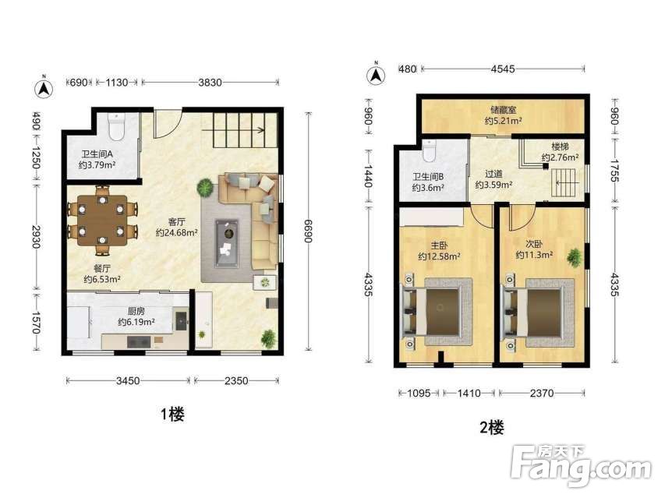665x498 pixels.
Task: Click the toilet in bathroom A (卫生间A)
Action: pyautogui.click(x=116, y=126)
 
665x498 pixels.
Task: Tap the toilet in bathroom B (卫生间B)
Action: pyautogui.click(x=430, y=152)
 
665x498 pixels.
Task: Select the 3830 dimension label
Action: pyautogui.click(x=210, y=83)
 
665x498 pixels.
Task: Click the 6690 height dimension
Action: pyautogui.click(x=308, y=231)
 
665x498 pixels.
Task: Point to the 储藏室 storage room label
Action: pyautogui.click(x=504, y=110)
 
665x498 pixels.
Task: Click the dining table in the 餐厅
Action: pyautogui.click(x=102, y=221)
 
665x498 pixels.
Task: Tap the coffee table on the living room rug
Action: pyautogui.click(x=227, y=243)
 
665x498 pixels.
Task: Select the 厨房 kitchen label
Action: pyautogui.click(x=136, y=311)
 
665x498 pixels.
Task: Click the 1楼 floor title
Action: pyautogui.click(x=172, y=414)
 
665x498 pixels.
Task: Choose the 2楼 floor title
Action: pyautogui.click(x=492, y=428)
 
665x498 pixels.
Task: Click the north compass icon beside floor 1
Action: pyautogui.click(x=44, y=88)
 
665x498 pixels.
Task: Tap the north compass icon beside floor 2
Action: pyautogui.click(x=376, y=75)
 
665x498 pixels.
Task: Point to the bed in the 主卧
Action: pyautogui.click(x=437, y=312)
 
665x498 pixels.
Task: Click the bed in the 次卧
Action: pyautogui.click(x=538, y=313)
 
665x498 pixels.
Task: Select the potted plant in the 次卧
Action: pyautogui.click(x=575, y=257)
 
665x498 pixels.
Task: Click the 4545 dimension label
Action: pyautogui.click(x=503, y=69)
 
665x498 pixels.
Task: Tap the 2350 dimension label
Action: pyautogui.click(x=236, y=380)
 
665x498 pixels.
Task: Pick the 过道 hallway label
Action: pyautogui.click(x=493, y=174)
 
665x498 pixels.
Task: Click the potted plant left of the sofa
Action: pyautogui.click(x=205, y=187)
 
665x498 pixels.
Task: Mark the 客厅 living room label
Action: pyautogui.click(x=176, y=221)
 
